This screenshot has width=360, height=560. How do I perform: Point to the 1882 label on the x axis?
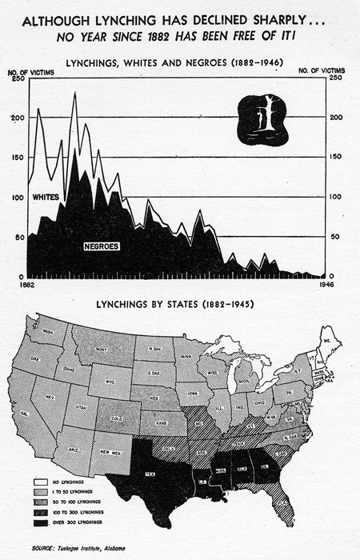[26, 283]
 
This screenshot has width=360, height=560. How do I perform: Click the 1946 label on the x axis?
[326, 283]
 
